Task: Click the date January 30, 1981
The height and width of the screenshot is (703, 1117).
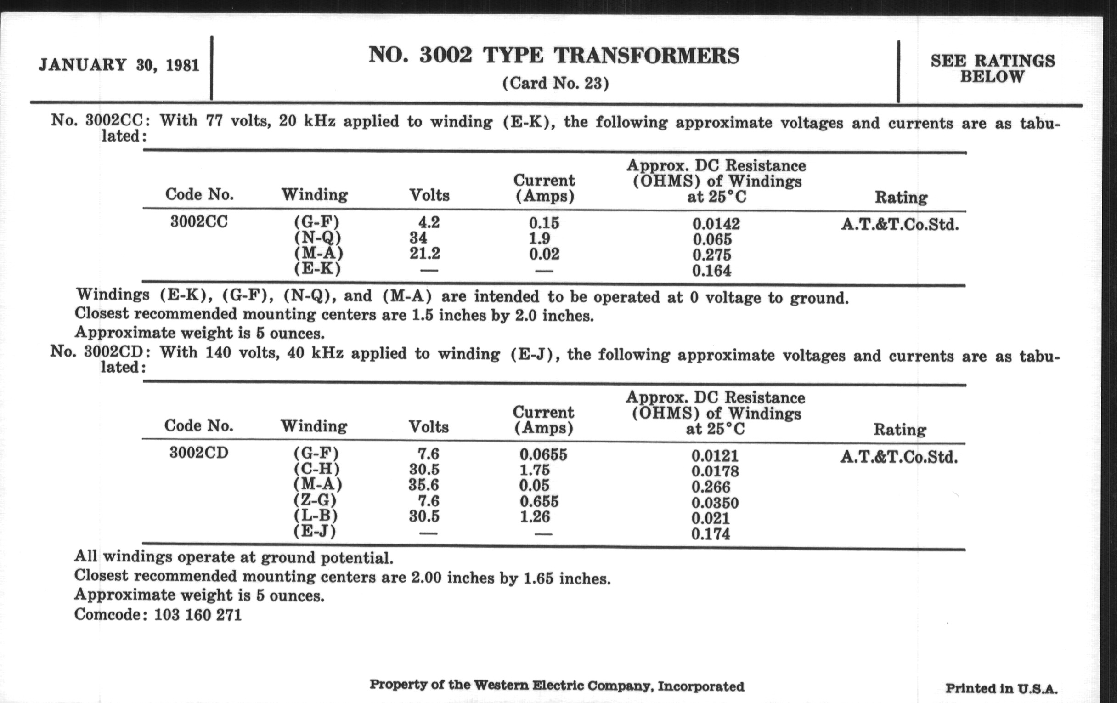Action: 119,65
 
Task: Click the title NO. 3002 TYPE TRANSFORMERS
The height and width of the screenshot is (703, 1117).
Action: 554,56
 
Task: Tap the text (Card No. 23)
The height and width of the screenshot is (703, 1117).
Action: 555,84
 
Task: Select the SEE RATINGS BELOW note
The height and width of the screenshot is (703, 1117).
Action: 993,68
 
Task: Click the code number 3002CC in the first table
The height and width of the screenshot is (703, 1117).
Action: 199,222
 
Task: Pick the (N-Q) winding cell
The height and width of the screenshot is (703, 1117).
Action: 318,238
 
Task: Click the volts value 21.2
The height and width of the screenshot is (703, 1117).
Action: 424,253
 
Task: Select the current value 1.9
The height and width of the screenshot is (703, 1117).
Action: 540,238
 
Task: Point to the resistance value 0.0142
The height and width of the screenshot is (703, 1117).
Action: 716,224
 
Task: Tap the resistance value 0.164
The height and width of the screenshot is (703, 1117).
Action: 711,271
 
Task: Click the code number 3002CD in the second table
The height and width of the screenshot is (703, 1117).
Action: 198,453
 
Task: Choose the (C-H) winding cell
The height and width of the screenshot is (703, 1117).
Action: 316,469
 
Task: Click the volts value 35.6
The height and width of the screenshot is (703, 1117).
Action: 423,485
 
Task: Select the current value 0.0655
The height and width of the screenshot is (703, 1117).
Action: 543,454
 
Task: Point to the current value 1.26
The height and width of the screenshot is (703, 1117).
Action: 534,516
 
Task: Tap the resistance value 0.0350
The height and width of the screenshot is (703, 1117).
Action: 715,503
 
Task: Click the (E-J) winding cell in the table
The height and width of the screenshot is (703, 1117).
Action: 315,531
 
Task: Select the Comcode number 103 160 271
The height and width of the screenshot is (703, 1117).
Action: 197,615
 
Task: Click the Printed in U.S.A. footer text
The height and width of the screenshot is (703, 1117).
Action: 1001,689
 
